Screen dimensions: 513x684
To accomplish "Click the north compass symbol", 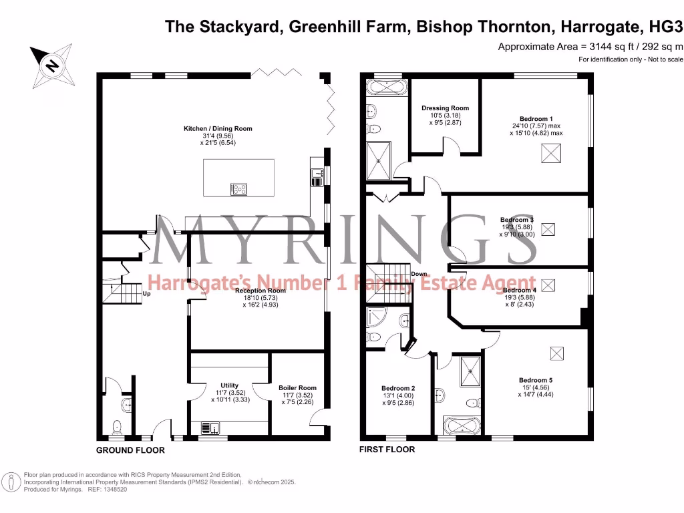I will coord(51,65).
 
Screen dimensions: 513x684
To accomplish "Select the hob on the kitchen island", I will coord(238,189).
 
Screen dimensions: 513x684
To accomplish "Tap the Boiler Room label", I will coord(297,387).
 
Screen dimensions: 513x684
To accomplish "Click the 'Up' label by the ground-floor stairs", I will coord(146,293).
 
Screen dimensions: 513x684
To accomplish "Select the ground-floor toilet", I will coord(118,425).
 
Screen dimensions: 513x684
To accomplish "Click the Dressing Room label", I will coord(445,108).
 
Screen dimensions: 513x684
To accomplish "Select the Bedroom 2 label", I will coord(398,388).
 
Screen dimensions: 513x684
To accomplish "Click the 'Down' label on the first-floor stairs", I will coord(419,274).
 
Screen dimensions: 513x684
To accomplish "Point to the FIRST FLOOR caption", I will coord(387,450).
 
